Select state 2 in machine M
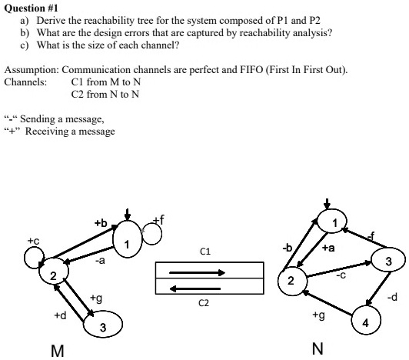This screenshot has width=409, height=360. [53, 275]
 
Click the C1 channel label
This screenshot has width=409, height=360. [204, 251]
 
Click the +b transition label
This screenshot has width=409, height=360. [100, 223]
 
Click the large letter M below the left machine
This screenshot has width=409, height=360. [56, 349]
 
